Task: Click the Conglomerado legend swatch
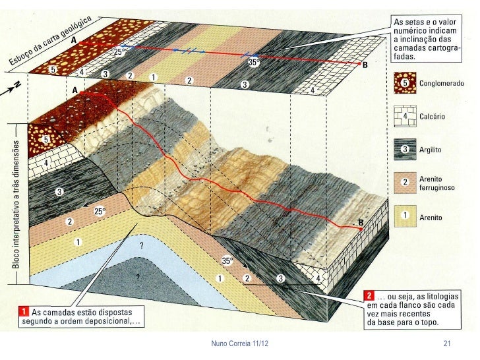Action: (x=405, y=83)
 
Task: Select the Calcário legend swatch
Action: (x=405, y=116)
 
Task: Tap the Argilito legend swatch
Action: (x=405, y=150)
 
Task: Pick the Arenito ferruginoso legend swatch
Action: (x=405, y=183)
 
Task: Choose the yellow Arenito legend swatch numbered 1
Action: (x=405, y=216)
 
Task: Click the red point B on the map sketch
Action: (x=359, y=64)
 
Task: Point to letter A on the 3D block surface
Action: (x=75, y=90)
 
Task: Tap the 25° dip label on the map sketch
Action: (x=119, y=51)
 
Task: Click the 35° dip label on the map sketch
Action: (x=253, y=63)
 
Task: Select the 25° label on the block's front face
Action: (x=100, y=212)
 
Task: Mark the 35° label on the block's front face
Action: (x=227, y=261)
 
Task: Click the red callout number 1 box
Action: (x=24, y=312)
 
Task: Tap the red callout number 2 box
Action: (x=369, y=295)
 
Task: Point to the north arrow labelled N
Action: (x=11, y=88)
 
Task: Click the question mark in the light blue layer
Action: (x=141, y=245)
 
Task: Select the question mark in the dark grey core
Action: (x=138, y=277)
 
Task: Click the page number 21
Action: (x=447, y=344)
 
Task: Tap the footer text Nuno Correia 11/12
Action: (x=240, y=344)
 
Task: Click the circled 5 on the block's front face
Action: (x=45, y=140)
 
